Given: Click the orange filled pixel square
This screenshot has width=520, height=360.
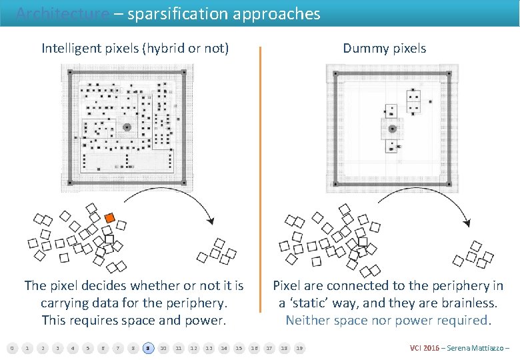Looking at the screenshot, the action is (x=110, y=217).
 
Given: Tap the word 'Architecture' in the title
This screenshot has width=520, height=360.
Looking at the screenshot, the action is (x=63, y=13).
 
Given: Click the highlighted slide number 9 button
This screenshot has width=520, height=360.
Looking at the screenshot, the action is (x=147, y=348).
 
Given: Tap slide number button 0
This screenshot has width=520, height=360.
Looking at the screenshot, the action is (x=11, y=348).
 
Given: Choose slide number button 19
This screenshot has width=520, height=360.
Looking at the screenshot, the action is (x=299, y=348).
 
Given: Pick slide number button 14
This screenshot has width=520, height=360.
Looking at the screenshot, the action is (x=224, y=348).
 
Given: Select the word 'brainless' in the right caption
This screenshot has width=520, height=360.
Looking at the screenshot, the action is (x=469, y=303).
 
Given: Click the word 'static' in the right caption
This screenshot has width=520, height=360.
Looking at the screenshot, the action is (x=313, y=303).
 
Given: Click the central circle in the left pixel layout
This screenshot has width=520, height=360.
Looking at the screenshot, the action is (x=127, y=126).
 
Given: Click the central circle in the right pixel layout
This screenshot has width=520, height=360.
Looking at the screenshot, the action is (x=392, y=128).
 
